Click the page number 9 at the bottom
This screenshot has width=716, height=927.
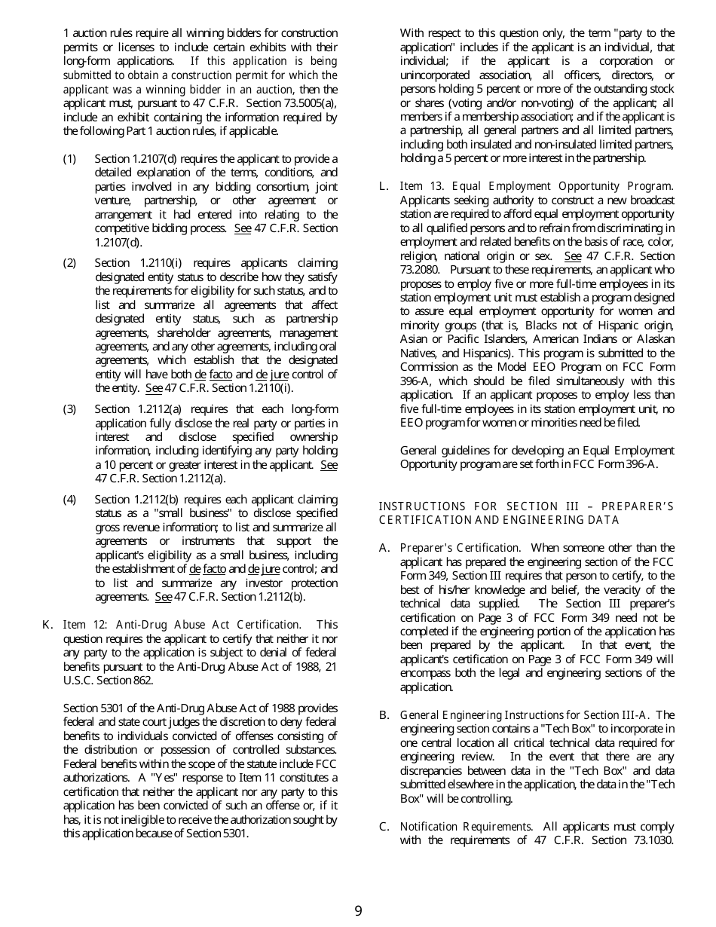click(x=358, y=911)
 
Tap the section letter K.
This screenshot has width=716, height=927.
click(x=47, y=625)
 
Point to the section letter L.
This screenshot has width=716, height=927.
click(x=384, y=186)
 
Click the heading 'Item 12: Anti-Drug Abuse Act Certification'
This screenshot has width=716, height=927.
click(x=181, y=625)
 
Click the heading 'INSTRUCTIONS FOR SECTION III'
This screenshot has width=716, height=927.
click(x=526, y=506)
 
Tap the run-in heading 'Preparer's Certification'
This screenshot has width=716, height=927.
click(x=459, y=548)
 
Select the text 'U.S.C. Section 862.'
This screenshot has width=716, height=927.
click(x=109, y=681)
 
